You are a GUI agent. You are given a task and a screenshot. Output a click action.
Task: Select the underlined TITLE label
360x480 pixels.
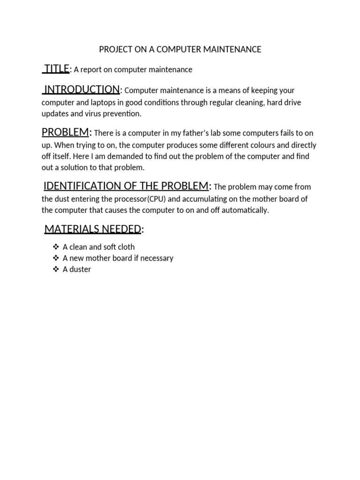(x=57, y=69)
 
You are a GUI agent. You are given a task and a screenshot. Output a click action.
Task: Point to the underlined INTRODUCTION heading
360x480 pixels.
(x=82, y=90)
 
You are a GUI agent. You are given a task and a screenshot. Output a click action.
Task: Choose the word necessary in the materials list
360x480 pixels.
(x=157, y=258)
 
